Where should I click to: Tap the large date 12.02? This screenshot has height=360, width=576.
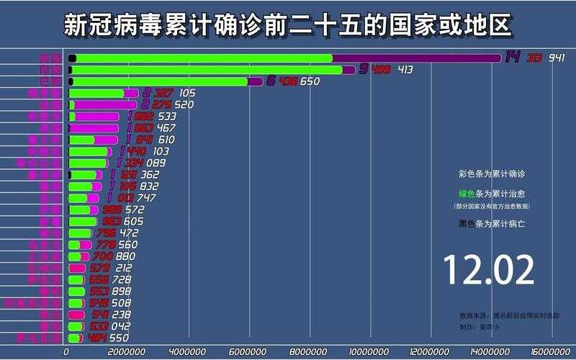coord(489,270)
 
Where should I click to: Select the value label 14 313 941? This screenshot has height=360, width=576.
coord(534,58)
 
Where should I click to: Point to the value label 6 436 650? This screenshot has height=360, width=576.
coord(293,81)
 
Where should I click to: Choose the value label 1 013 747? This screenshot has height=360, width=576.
coord(131,198)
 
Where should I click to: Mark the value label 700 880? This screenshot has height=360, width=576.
coord(114,256)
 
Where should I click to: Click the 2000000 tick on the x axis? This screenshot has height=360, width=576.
coord(127,352)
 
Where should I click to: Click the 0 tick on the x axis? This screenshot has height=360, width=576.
coord(67,352)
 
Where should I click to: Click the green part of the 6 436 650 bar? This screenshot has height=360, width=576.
coord(158,81)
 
